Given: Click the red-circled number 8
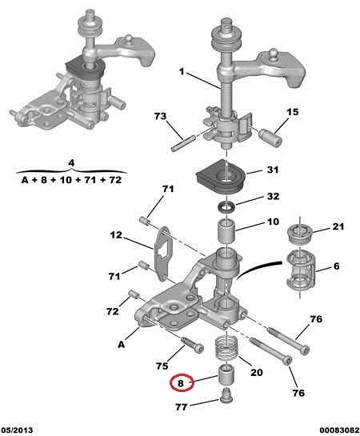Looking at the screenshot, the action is point(181,383).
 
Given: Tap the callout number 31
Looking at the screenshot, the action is point(273,170).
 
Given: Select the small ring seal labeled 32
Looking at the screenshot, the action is point(226,207).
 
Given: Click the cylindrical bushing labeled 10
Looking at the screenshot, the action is point(226,231).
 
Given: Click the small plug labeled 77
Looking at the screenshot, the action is point(226,395).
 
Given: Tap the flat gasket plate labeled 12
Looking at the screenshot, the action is point(162,254).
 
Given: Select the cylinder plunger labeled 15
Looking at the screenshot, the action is point(270,138).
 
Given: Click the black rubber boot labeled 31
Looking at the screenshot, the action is point(220,176).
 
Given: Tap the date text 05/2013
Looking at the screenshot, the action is point(17,430).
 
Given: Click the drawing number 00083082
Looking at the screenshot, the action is point(339,430).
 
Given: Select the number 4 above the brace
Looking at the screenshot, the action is point(71,162).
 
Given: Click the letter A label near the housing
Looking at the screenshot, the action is point(122,345).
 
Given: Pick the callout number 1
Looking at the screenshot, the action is point(182,71).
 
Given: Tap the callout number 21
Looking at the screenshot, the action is point(338,226).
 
